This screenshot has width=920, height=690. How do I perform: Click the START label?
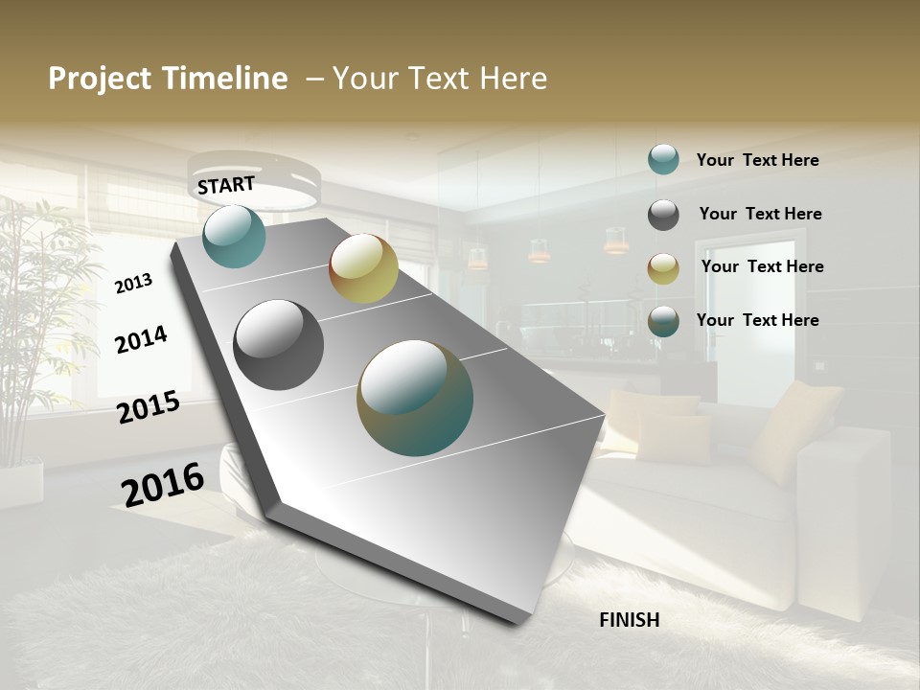(226, 184)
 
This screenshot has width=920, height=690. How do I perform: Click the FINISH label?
(629, 620)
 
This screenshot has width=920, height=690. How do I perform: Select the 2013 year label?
(133, 284)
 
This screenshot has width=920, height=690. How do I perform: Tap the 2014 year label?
(141, 339)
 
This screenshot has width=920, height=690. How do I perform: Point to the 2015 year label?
(149, 407)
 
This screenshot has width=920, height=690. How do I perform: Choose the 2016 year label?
(163, 484)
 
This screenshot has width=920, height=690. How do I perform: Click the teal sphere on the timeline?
(234, 236)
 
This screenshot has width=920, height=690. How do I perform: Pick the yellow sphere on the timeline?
(363, 268)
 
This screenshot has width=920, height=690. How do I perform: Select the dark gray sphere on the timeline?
(279, 345)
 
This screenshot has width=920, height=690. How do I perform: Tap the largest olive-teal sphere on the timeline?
(415, 398)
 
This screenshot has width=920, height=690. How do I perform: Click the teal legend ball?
(663, 159)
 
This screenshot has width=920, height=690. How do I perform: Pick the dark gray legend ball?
(663, 215)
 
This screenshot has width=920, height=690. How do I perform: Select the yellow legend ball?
(663, 268)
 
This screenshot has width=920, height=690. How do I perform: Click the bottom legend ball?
(663, 322)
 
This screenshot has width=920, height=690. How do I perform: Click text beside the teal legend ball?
(757, 160)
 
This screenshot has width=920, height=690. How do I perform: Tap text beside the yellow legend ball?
(762, 266)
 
